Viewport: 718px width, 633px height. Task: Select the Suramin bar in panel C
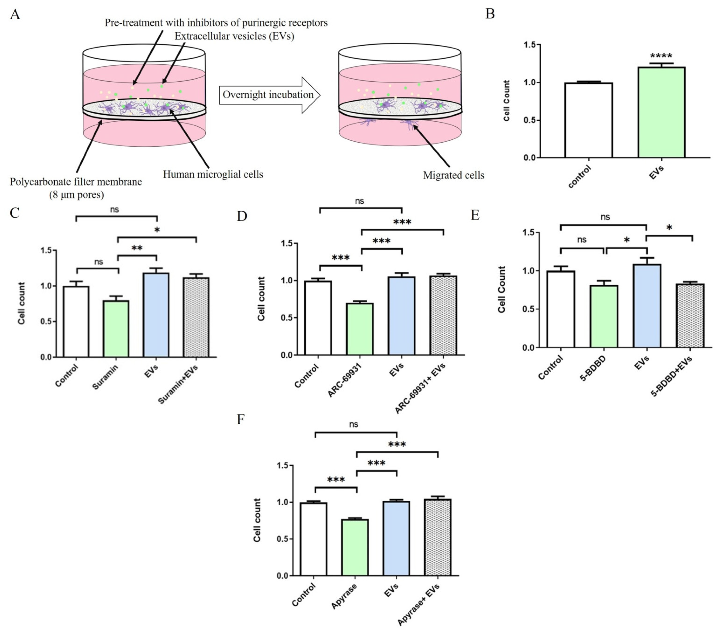click(116, 328)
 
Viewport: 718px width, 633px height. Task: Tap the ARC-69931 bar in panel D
click(360, 329)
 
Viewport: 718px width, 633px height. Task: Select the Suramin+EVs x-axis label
click(178, 384)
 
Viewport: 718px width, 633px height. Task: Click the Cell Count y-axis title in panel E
click(502, 289)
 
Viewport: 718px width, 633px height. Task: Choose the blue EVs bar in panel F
click(396, 538)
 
